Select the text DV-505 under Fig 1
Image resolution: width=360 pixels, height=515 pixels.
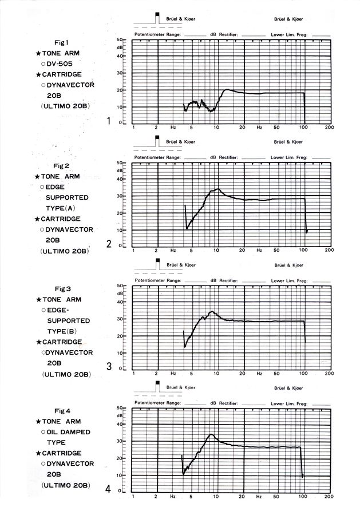[65, 64]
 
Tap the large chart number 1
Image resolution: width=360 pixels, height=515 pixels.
[108, 121]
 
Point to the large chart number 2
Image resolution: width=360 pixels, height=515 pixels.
[109, 244]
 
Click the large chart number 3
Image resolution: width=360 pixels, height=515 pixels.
[109, 366]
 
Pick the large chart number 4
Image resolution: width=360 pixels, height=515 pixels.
[109, 489]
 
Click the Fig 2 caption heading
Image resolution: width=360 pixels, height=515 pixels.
[60, 166]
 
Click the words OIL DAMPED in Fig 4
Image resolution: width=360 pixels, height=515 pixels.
[68, 432]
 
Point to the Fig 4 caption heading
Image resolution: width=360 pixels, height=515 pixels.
[60, 411]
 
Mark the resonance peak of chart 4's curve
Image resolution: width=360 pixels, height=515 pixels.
[211, 434]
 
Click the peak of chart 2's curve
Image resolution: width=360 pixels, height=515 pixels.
[217, 189]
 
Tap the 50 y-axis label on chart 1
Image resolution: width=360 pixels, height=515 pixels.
[121, 39]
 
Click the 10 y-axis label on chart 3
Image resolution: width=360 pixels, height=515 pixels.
[121, 352]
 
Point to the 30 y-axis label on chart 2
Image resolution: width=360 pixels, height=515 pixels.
[121, 196]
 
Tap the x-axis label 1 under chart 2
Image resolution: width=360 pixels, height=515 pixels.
[133, 251]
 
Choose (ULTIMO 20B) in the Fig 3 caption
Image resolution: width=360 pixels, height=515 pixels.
[66, 374]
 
